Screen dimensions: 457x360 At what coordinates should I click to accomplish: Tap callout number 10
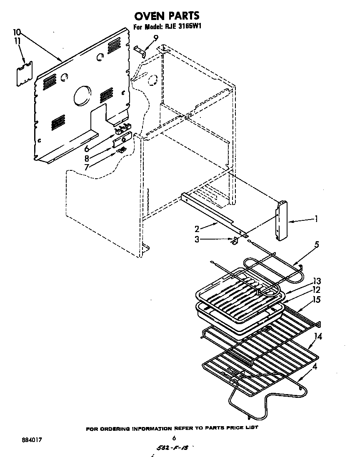point(17,32)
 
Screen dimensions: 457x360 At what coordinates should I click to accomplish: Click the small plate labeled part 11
point(25,74)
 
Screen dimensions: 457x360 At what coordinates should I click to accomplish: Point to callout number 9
point(155,38)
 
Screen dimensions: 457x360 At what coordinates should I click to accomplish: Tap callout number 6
point(87,149)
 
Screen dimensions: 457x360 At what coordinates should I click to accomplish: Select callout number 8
point(87,158)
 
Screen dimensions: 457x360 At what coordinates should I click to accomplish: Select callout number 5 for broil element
point(317,245)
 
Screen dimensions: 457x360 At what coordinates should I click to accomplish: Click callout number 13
point(317,281)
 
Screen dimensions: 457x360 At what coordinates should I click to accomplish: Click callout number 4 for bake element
point(315,367)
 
